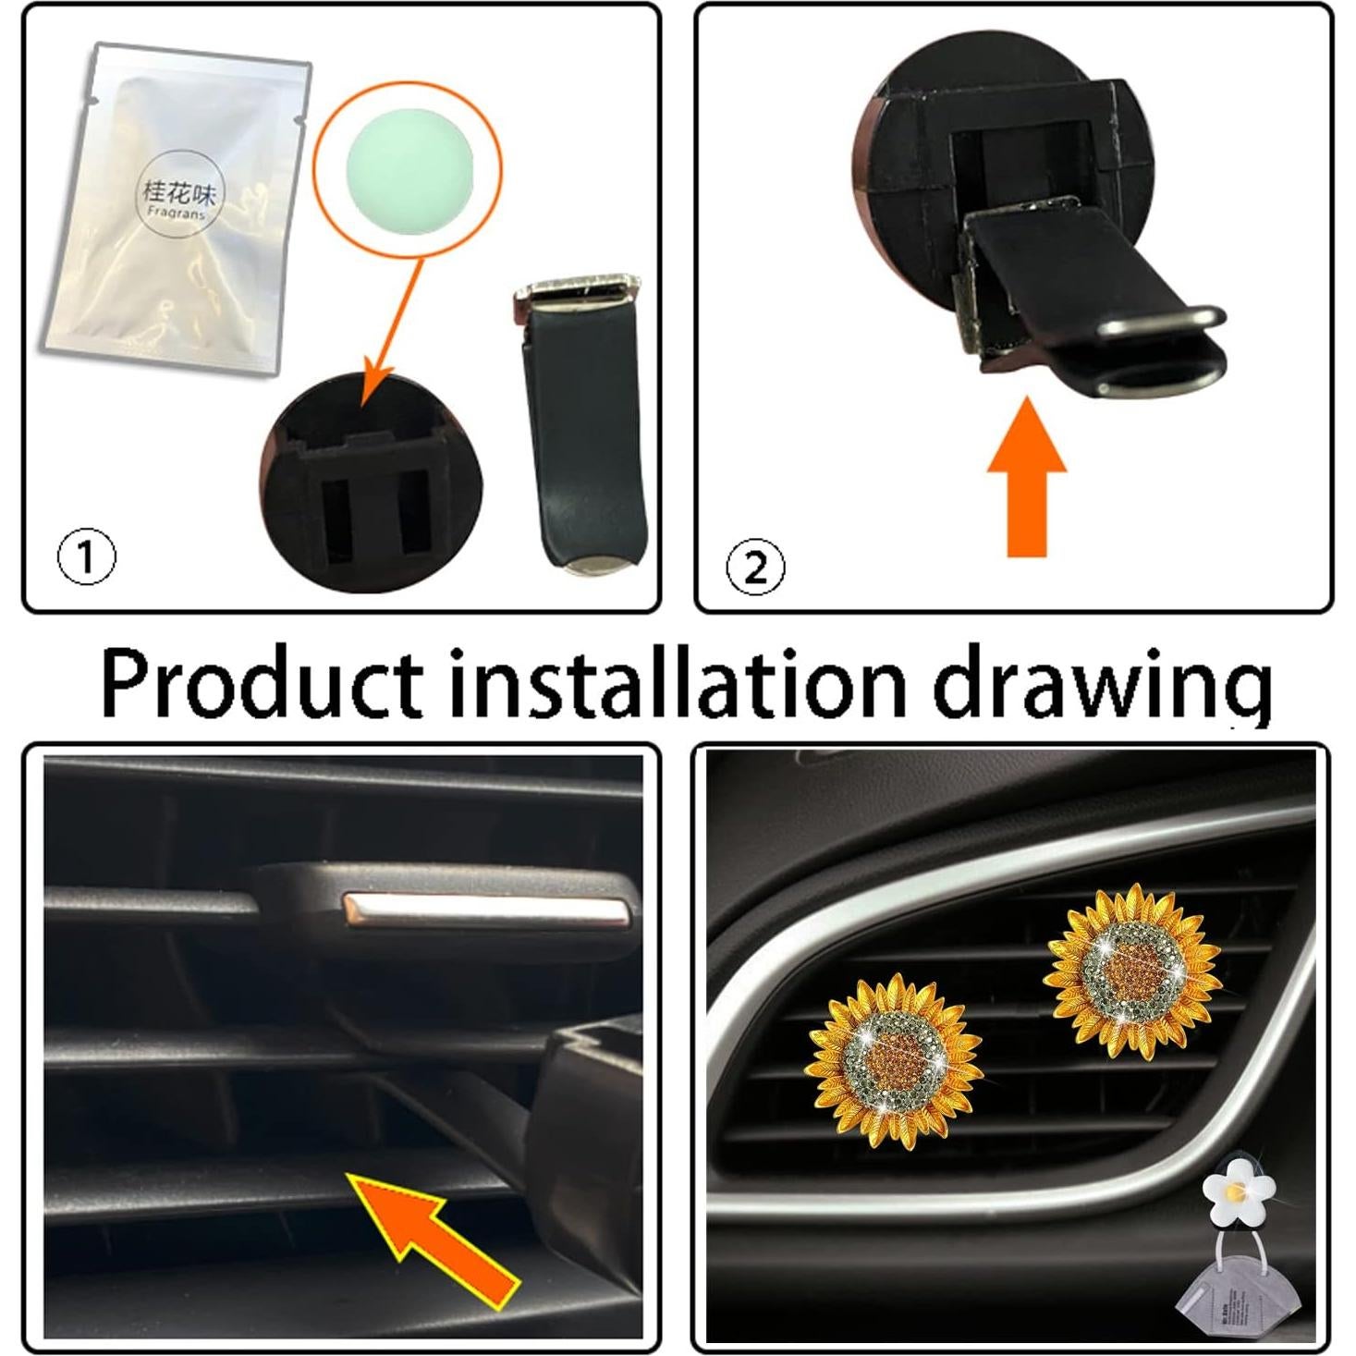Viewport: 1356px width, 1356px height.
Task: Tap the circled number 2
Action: [x=755, y=567]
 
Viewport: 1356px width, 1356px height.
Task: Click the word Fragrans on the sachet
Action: [x=177, y=212]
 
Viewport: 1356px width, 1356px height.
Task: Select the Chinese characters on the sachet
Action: [x=178, y=191]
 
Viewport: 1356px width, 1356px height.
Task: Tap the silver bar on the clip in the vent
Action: [x=488, y=910]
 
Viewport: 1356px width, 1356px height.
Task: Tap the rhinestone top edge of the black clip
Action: [x=575, y=287]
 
